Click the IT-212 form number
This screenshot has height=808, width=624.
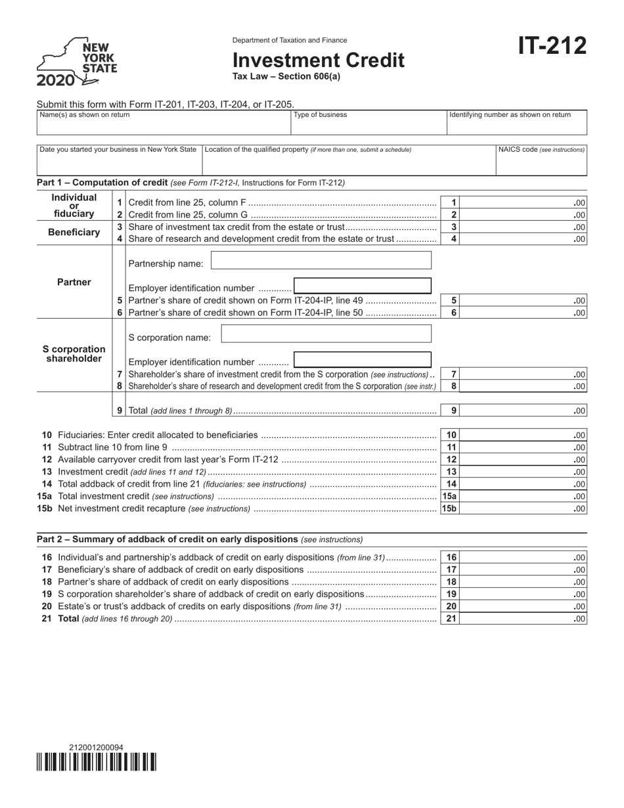point(552,47)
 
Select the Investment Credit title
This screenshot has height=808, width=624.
point(319,60)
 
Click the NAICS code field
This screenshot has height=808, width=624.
point(541,161)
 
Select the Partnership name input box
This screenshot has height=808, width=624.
point(321,261)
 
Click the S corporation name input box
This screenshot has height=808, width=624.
point(326,334)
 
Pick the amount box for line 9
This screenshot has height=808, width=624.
point(525,411)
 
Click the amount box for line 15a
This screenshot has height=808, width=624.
point(525,497)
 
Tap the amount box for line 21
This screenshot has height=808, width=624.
point(525,618)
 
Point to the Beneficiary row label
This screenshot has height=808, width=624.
point(74,233)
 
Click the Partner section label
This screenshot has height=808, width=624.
point(74,282)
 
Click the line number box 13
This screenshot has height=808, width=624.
point(451,472)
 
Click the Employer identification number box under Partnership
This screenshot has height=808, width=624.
point(363,287)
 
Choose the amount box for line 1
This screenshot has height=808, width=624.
point(525,203)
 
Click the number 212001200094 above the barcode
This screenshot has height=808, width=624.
point(96,747)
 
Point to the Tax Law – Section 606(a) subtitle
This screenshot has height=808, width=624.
point(286,76)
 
